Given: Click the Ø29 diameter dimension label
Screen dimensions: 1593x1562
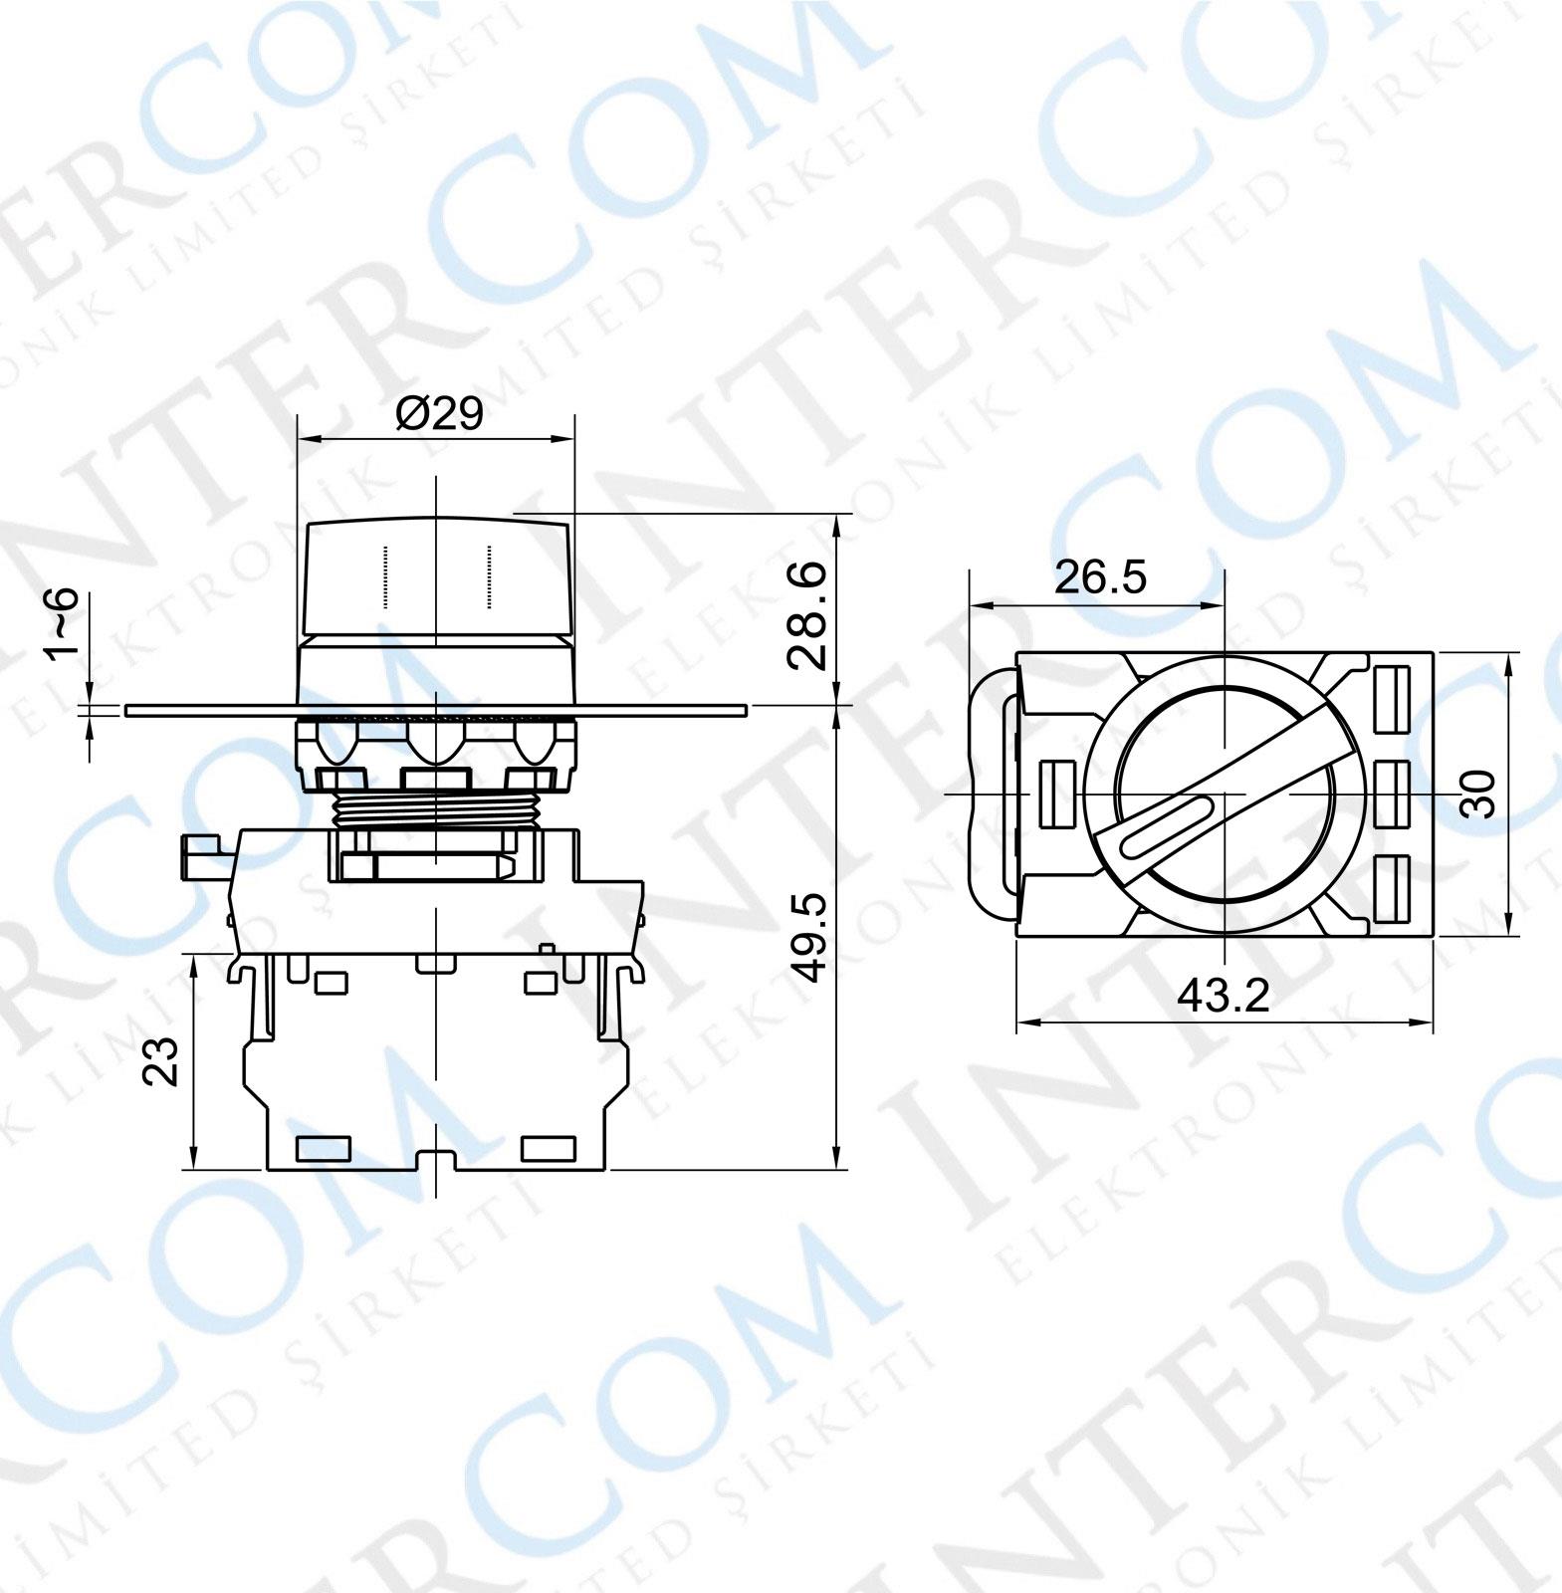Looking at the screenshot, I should (438, 412).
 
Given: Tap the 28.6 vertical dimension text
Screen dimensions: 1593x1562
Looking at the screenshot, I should (806, 614).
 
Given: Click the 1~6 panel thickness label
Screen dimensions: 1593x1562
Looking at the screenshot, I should (62, 622).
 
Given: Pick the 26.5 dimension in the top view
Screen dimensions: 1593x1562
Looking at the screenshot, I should (1100, 577).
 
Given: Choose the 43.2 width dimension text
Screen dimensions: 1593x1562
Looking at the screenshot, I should (1223, 995).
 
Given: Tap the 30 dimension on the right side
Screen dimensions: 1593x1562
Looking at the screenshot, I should (1481, 794).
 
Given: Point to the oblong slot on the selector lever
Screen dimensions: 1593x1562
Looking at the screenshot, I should (1165, 825).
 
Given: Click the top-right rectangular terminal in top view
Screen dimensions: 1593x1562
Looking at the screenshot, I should (1393, 696).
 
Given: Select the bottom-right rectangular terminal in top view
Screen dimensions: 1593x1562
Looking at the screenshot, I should (1393, 888).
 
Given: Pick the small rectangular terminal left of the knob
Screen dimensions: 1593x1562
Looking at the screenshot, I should (1056, 794).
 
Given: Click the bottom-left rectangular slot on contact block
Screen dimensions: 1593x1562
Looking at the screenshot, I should (324, 1150).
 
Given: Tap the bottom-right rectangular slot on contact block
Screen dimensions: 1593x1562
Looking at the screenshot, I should (549, 1150).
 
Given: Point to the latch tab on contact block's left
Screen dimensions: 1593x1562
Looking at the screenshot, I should (207, 856).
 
